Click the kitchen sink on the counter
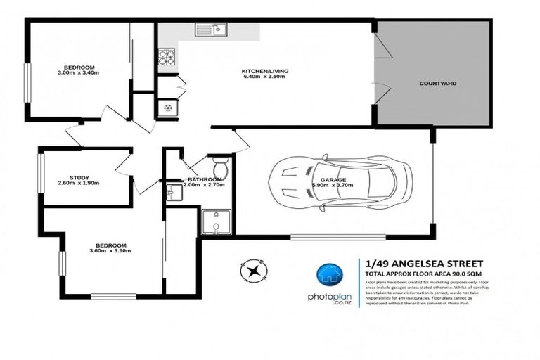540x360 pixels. pyautogui.click(x=210, y=30)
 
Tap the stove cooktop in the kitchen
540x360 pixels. pyautogui.click(x=167, y=56)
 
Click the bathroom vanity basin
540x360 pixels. pyautogui.click(x=174, y=191)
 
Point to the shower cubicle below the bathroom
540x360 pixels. pyautogui.click(x=213, y=222)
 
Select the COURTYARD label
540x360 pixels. pyautogui.click(x=438, y=83)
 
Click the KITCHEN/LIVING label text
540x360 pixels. pyautogui.click(x=265, y=72)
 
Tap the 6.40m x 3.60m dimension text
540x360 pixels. pyautogui.click(x=265, y=78)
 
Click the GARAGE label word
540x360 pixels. pyautogui.click(x=333, y=180)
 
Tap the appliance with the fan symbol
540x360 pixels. pyautogui.click(x=167, y=107)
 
